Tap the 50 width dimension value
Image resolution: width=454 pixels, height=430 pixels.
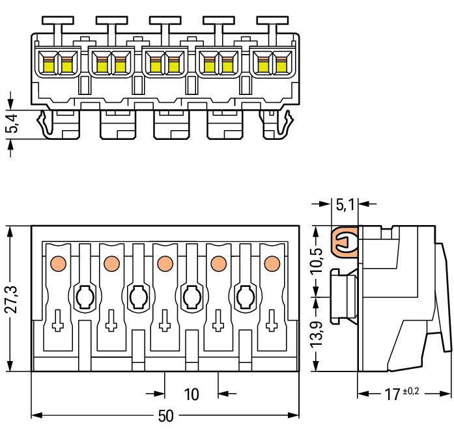tap(166, 416)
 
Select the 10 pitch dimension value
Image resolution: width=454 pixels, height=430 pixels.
tap(192, 394)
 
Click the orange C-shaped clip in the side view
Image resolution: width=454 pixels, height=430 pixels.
tap(345, 241)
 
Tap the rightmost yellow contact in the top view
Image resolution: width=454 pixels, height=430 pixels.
tap(281, 64)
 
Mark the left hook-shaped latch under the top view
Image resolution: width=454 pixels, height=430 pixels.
tap(45, 124)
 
